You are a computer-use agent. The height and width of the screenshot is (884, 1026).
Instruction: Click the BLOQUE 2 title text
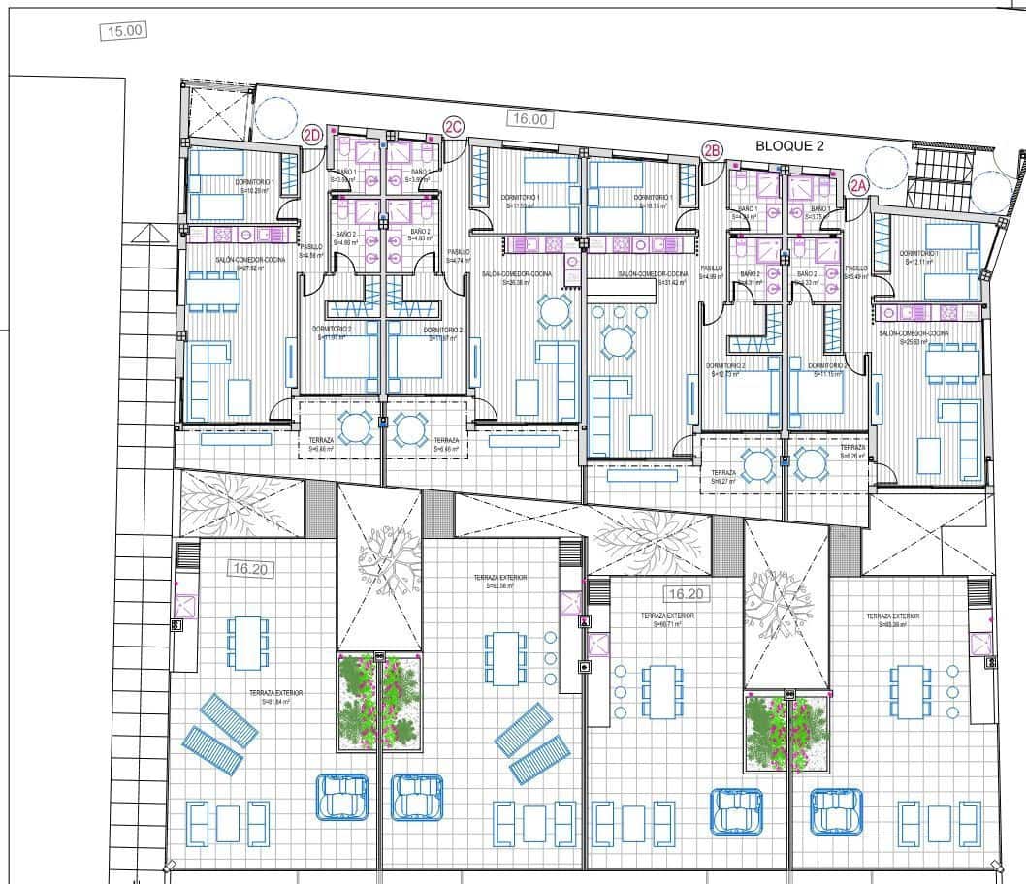click(789, 146)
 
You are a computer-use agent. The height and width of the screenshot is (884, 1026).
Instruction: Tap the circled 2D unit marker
click(311, 136)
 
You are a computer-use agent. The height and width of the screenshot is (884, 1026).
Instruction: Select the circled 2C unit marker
click(453, 126)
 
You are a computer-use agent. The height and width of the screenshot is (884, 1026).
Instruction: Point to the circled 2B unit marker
click(712, 150)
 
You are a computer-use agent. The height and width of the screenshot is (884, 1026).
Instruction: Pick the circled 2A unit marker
click(857, 185)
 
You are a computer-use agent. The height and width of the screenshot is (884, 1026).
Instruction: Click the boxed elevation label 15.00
click(124, 31)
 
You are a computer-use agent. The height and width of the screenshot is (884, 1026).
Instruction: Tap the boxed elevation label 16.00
click(530, 120)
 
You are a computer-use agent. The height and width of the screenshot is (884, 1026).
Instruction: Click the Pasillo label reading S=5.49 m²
click(856, 272)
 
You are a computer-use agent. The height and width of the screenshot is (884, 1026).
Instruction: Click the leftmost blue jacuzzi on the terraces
click(341, 797)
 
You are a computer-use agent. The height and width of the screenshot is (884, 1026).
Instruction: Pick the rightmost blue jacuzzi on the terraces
click(836, 810)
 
